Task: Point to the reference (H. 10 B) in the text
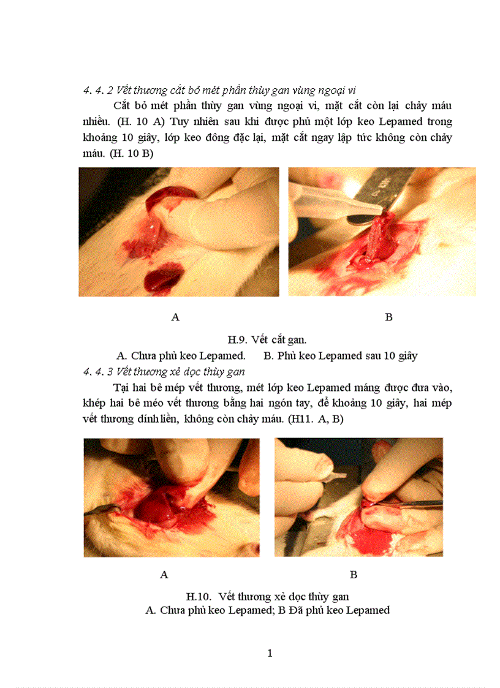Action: [131, 154]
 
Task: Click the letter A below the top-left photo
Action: [175, 317]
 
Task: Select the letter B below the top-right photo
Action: [388, 317]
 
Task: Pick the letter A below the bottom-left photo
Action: [164, 575]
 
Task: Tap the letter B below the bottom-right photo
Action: [354, 575]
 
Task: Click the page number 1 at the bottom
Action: [270, 653]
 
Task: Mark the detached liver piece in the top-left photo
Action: [158, 281]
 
